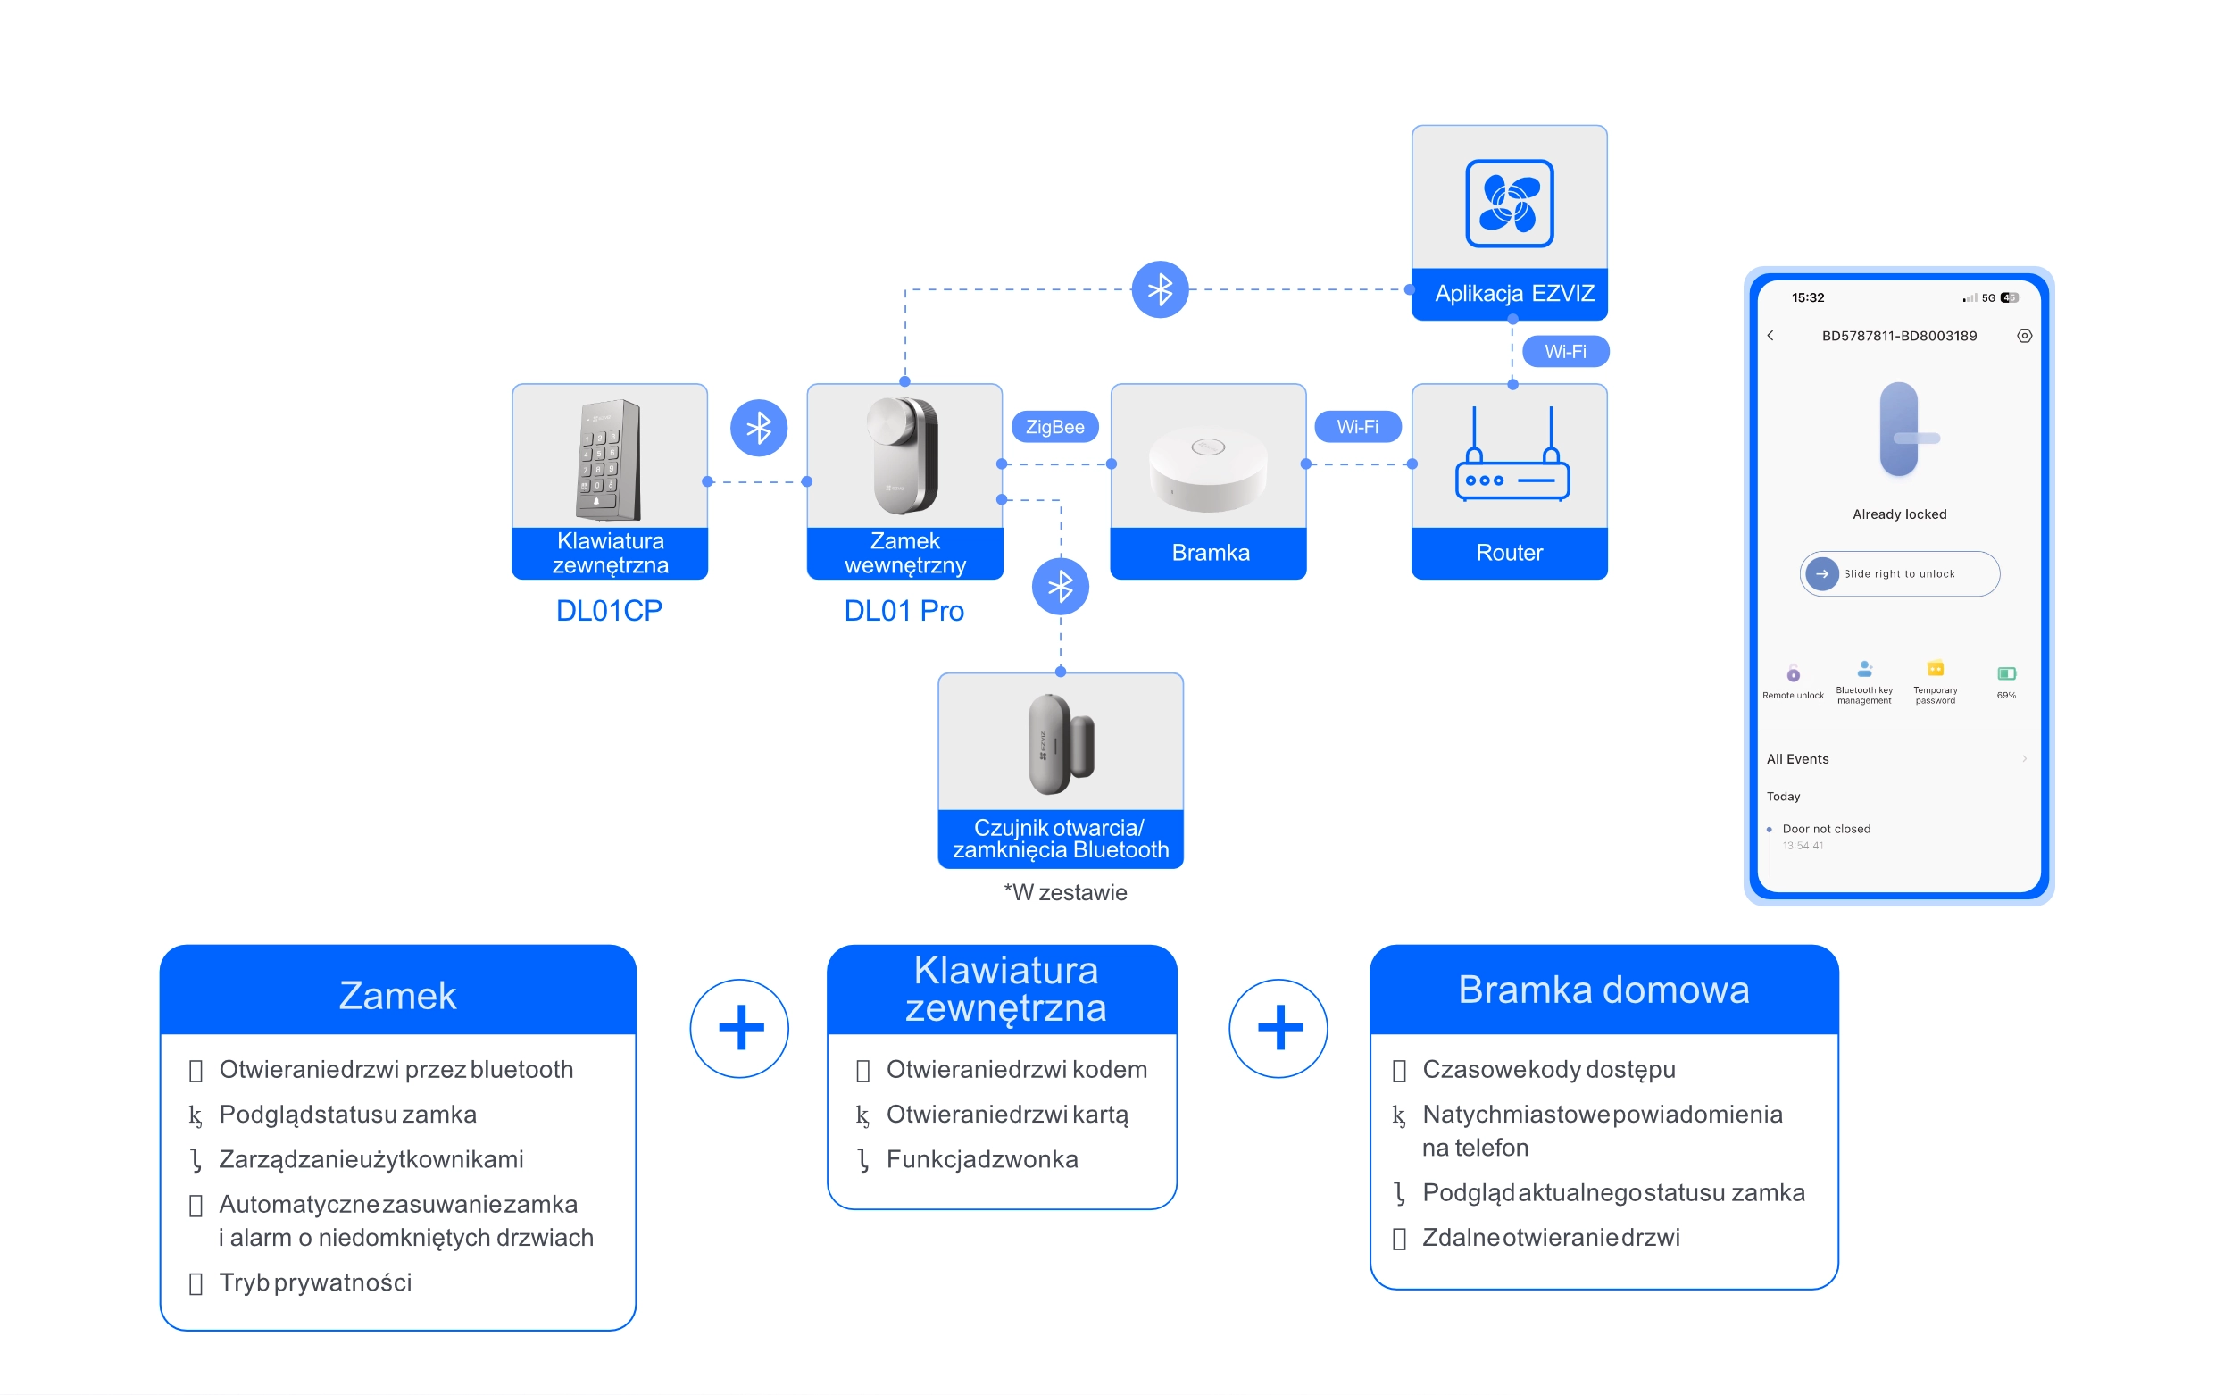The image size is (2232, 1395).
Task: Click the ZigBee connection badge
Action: coord(1054,427)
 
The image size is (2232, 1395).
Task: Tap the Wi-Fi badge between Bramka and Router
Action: coord(1357,427)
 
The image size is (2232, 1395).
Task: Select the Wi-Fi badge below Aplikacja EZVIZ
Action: coord(1564,352)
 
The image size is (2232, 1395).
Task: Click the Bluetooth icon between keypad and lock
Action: coord(758,428)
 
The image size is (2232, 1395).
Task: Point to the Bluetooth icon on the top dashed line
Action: coord(1160,289)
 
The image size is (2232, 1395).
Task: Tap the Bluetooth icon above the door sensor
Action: coord(1060,587)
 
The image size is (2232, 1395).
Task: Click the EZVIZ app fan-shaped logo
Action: coord(1509,203)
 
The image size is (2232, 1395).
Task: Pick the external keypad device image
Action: coord(609,458)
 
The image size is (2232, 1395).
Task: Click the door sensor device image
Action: coord(1061,744)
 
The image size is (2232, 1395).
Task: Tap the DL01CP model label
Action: coord(609,611)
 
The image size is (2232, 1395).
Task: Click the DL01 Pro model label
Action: coord(904,611)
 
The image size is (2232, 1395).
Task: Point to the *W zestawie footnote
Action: coord(1064,892)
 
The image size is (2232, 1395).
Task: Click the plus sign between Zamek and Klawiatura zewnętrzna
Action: coord(740,1028)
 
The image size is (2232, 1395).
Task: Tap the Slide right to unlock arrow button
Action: coord(1821,574)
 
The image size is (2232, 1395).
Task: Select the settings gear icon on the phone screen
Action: coord(2024,336)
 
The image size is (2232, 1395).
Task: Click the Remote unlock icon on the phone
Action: coord(1792,673)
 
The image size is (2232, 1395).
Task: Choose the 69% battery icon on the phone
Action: coord(2006,673)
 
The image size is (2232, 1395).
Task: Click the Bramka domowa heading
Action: coord(1603,990)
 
